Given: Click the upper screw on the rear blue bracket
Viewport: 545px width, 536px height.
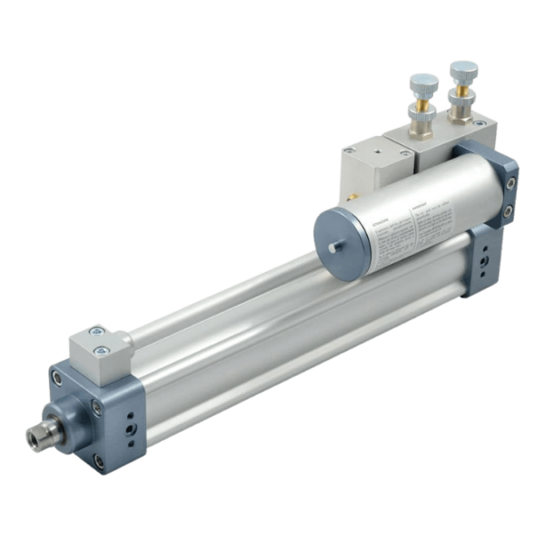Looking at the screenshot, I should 510,183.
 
